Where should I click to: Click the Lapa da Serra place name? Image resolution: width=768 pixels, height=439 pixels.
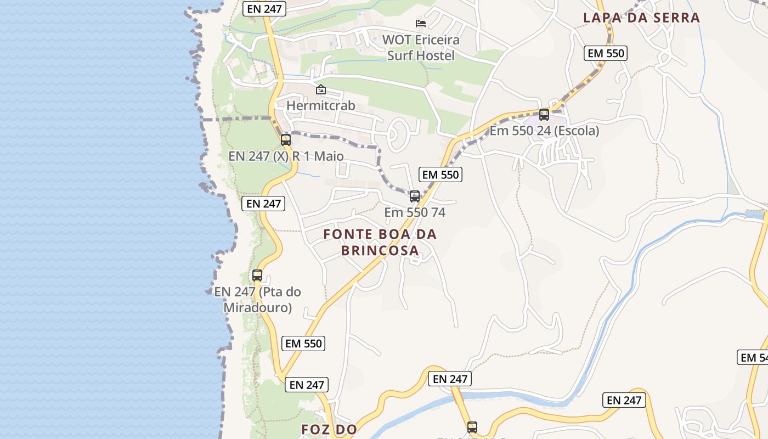[x=641, y=18]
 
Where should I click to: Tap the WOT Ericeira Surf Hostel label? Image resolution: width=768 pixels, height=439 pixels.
[x=421, y=48]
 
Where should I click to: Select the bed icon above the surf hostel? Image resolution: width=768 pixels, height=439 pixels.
[x=421, y=23]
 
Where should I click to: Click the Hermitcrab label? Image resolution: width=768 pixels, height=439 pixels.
[x=321, y=105]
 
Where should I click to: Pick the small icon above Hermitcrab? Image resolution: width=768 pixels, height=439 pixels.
[x=321, y=89]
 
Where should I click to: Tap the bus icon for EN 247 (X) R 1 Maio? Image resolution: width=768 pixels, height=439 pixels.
[x=286, y=139]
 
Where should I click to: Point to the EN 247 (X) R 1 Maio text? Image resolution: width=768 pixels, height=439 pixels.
[x=286, y=156]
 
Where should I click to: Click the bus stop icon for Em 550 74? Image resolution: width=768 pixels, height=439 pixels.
[x=415, y=196]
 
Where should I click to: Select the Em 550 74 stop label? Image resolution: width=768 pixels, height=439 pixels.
[x=415, y=212]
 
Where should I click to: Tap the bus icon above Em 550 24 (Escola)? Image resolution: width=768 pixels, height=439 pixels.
[x=544, y=115]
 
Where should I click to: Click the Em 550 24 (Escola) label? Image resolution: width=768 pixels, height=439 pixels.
[x=544, y=131]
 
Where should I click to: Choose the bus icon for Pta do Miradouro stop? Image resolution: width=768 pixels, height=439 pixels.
[x=257, y=275]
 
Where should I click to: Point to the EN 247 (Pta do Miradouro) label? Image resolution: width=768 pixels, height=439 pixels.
[x=257, y=300]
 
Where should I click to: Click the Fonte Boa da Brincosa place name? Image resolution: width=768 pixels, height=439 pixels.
[x=380, y=242]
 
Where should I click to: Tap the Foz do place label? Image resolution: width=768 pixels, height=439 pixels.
[x=329, y=429]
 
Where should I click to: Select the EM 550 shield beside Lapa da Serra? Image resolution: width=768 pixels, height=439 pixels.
[x=606, y=53]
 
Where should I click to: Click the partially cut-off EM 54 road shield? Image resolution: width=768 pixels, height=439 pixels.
[x=753, y=358]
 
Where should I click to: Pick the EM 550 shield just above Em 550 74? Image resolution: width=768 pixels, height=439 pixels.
[x=441, y=175]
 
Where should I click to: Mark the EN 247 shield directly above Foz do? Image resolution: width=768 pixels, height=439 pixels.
[x=307, y=385]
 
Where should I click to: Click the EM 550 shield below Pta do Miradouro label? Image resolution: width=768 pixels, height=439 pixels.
[x=304, y=344]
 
